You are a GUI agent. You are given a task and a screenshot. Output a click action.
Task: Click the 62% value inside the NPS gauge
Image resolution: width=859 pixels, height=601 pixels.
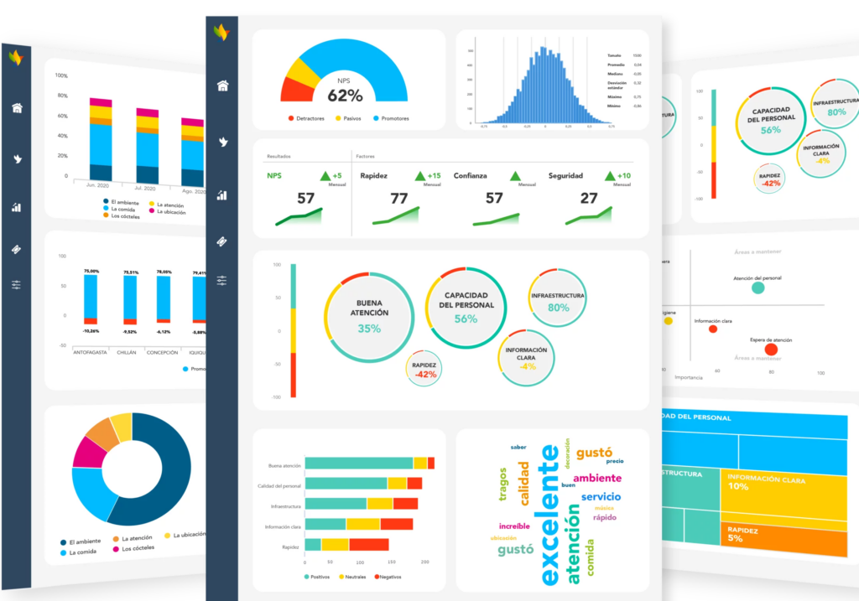345,95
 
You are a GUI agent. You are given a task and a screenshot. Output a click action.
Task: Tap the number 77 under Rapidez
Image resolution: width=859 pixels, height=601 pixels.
398,199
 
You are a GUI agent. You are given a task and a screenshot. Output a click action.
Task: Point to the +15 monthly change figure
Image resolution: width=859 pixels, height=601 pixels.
434,176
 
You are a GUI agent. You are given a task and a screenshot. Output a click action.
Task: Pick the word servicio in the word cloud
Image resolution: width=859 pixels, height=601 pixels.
600,496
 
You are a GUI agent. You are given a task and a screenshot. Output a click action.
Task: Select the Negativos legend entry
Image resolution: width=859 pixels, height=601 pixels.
388,577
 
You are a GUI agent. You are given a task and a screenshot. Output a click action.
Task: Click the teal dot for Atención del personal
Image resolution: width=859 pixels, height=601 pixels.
757,288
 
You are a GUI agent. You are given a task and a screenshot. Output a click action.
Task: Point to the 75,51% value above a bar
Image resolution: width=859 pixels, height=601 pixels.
131,272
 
